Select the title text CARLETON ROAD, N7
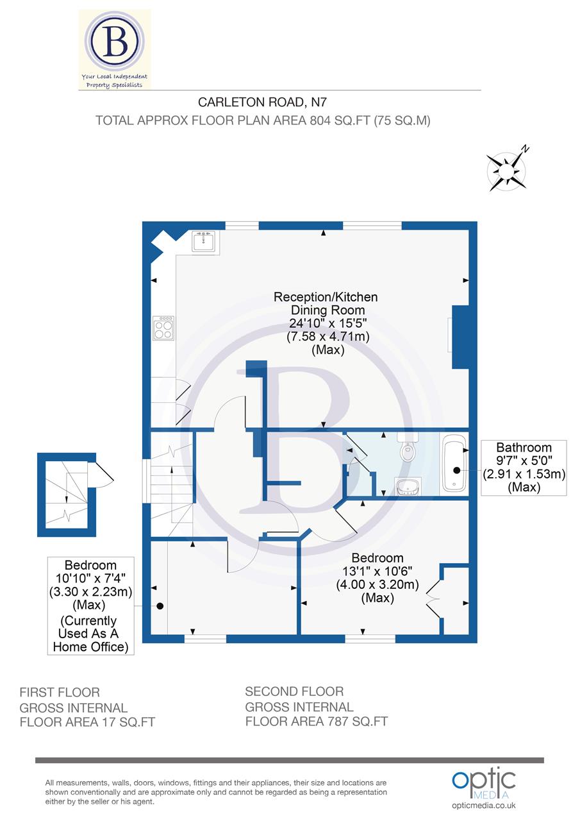(x=262, y=101)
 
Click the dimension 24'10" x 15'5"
(x=326, y=323)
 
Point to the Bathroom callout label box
(x=524, y=467)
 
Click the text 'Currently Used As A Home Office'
(x=90, y=634)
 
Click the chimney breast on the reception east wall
(x=460, y=337)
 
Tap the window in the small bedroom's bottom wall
(x=205, y=638)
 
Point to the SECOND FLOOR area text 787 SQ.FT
(x=317, y=721)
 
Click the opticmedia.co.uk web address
(x=484, y=806)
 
